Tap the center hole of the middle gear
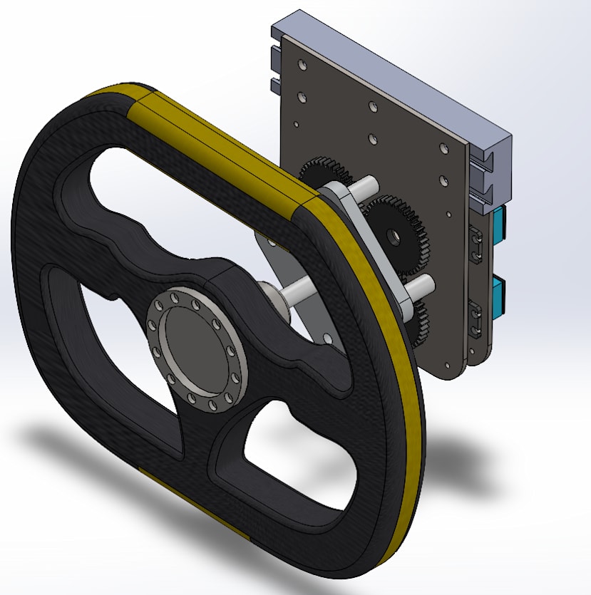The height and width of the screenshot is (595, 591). tap(393, 234)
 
